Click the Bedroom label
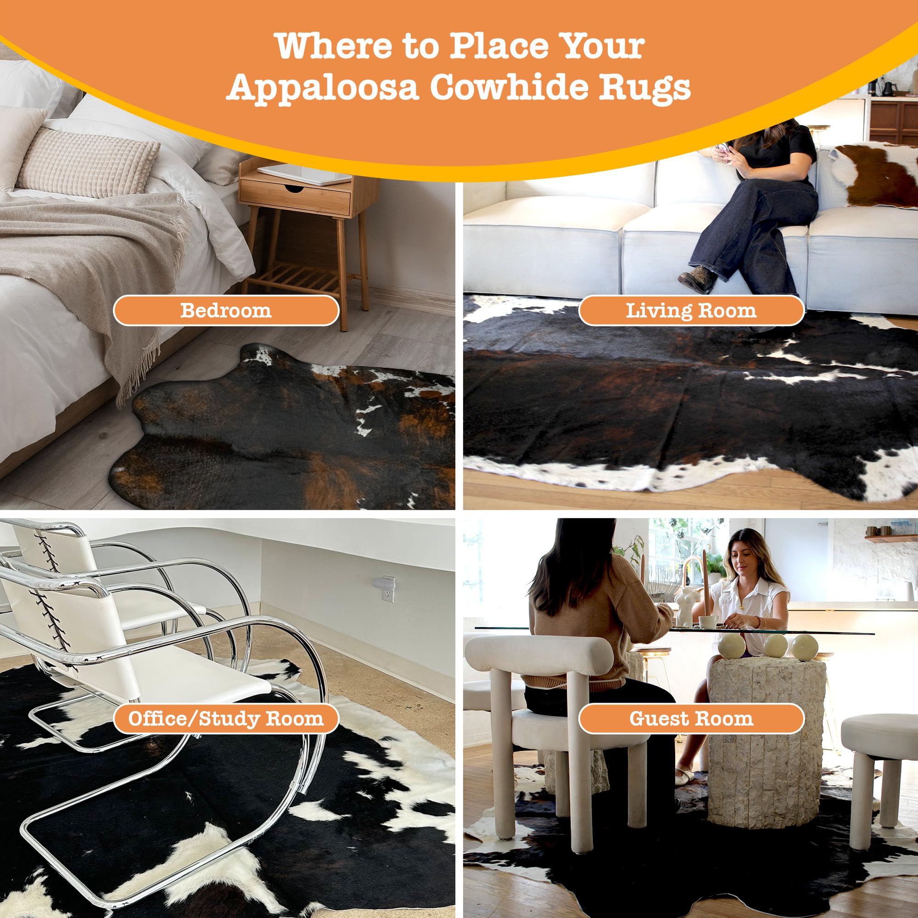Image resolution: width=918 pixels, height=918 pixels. click(226, 311)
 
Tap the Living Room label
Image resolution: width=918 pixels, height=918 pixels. click(691, 311)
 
